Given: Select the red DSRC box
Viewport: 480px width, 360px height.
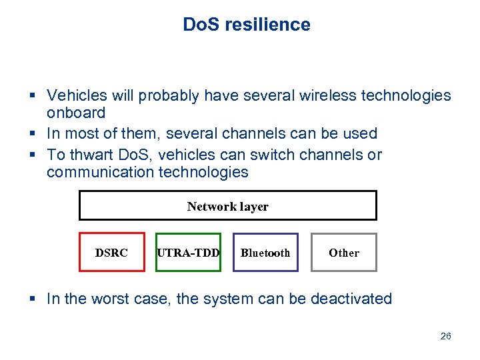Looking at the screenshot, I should tap(112, 252).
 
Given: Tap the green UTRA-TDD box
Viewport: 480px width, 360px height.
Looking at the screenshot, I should tap(188, 252).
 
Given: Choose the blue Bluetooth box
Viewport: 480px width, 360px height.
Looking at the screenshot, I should tap(265, 252).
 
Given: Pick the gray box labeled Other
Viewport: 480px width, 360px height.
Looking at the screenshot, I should tap(343, 252).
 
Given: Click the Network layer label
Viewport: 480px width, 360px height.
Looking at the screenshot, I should tap(227, 206).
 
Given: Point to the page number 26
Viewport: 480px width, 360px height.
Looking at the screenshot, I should tap(445, 336).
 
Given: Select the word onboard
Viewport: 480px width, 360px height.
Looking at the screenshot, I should tap(76, 113).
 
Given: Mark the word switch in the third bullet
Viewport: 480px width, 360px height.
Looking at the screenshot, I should tap(263, 155).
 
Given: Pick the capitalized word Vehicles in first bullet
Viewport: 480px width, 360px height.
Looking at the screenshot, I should tap(75, 96).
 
